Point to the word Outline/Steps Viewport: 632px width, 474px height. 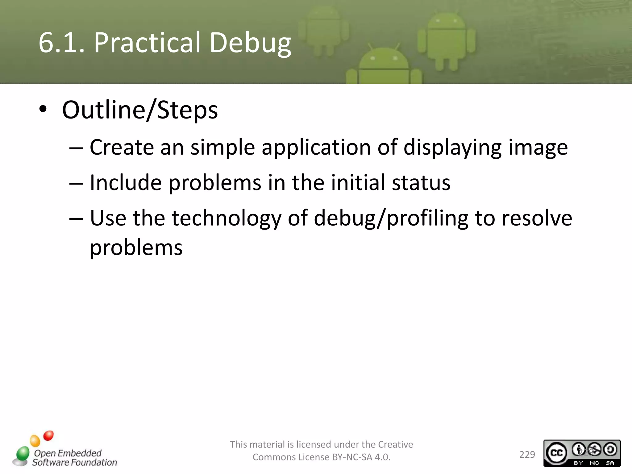[140, 110]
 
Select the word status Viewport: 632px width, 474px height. [421, 183]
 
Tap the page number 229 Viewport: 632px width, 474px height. [527, 455]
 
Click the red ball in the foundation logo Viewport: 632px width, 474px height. [48, 436]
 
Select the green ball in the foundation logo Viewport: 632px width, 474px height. [23, 453]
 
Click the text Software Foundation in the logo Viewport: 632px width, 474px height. [75, 462]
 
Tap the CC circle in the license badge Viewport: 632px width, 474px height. [556, 453]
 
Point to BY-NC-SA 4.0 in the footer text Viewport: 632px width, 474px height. [361, 457]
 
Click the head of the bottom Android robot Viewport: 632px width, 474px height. [383, 60]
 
